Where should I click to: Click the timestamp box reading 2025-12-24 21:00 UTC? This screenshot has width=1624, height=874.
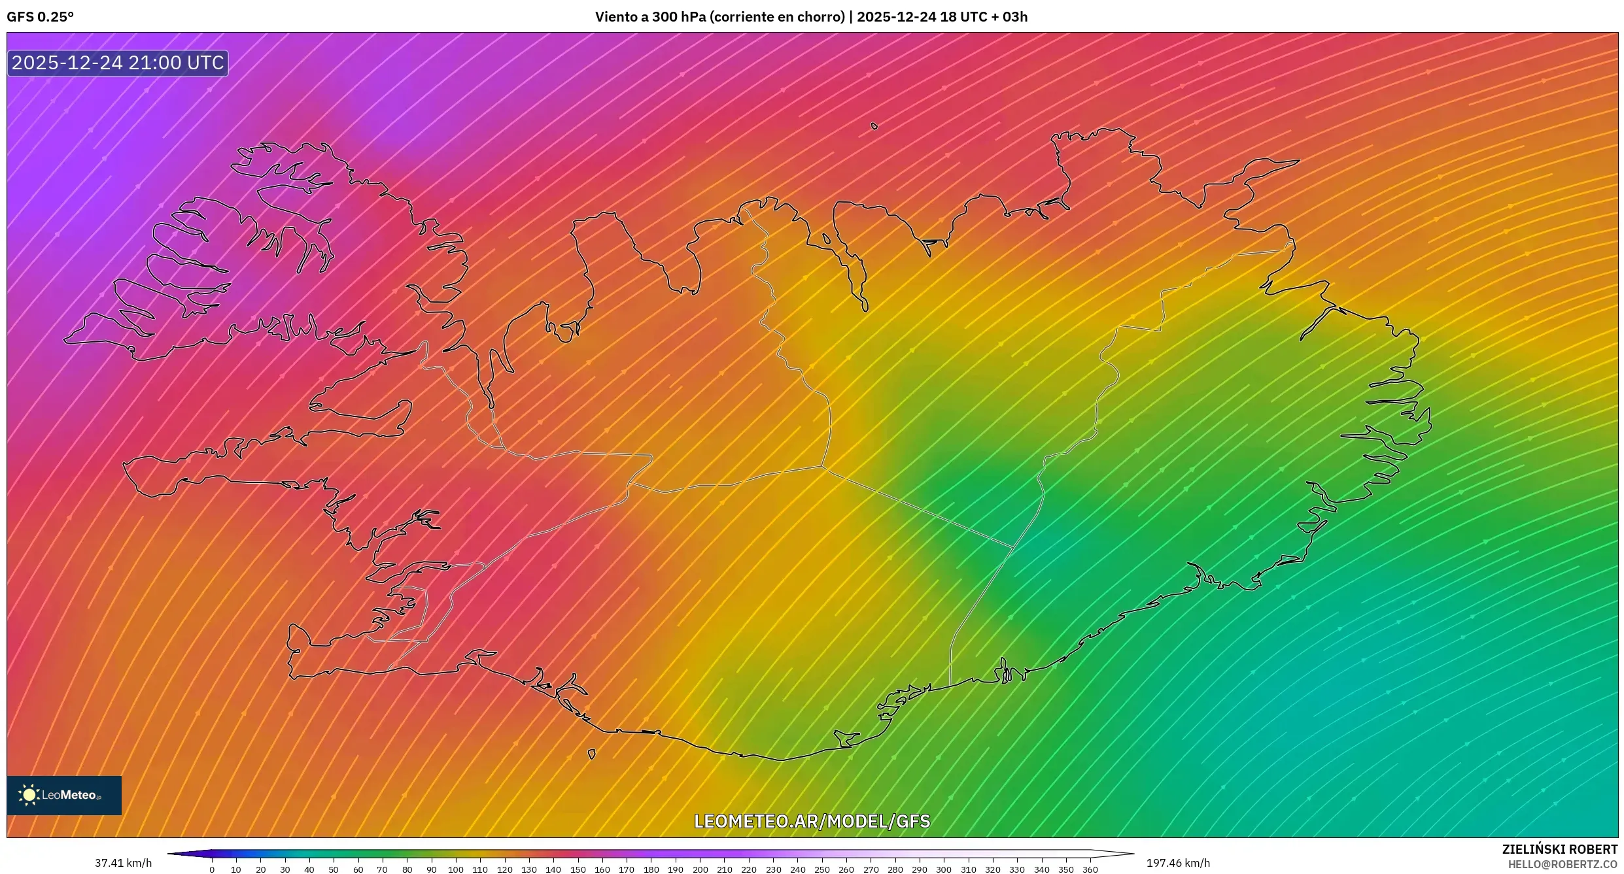118,63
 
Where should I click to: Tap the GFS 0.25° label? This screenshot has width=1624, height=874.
40,17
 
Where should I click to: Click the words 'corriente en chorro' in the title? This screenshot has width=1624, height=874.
778,17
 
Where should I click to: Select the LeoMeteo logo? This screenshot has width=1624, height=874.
64,795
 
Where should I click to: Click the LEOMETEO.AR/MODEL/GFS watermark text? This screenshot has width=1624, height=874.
812,821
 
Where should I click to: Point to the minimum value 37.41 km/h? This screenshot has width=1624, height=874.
123,863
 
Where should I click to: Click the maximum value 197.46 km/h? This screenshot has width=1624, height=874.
1178,863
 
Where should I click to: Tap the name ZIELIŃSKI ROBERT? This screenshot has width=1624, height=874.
1560,849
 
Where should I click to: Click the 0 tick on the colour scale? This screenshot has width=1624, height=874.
212,869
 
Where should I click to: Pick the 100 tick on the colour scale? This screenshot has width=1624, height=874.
456,869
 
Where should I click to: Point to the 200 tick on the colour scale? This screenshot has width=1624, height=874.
700,869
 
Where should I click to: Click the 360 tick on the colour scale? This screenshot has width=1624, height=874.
1090,869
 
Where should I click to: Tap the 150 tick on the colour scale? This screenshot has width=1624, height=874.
578,869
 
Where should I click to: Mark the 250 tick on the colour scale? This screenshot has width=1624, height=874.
821,869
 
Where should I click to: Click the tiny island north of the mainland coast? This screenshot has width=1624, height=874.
874,126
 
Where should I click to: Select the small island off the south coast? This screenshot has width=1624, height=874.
592,754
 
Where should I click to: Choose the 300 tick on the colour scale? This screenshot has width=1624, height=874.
943,869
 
